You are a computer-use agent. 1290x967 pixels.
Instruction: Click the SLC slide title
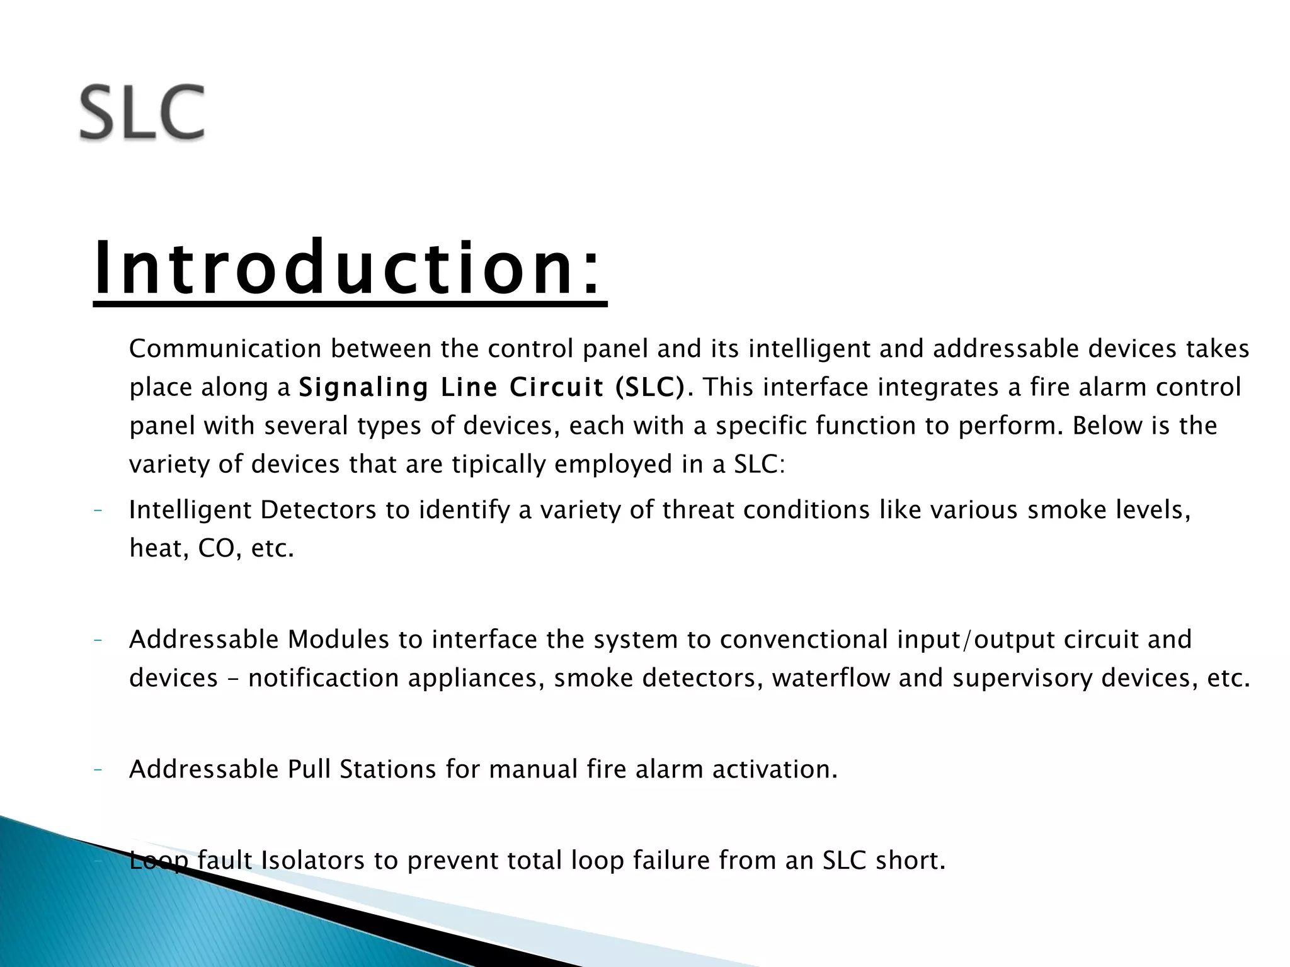(x=142, y=113)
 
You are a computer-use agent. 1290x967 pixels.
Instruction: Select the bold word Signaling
(x=363, y=387)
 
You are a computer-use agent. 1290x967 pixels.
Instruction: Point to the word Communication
(x=225, y=349)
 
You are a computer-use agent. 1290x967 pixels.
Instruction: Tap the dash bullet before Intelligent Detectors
(x=98, y=510)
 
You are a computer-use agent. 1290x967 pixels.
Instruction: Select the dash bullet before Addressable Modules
(x=98, y=640)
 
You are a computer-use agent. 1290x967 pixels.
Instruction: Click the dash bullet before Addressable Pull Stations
(x=98, y=769)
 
